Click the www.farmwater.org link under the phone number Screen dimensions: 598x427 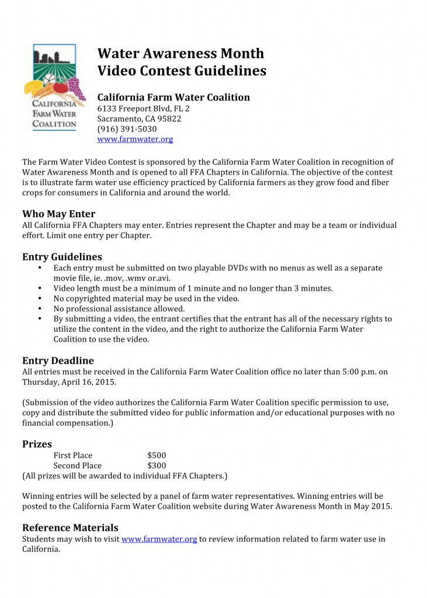(135, 140)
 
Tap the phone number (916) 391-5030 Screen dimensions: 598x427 (127, 129)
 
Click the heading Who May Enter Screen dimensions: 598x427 (58, 214)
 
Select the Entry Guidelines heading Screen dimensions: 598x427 (62, 256)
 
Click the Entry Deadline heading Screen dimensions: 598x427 (58, 360)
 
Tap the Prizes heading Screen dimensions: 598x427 (37, 444)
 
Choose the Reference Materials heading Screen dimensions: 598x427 (70, 527)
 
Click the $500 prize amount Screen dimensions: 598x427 (157, 456)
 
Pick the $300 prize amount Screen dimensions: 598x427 (157, 466)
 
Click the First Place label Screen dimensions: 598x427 (72, 456)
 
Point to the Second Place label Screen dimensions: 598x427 (77, 466)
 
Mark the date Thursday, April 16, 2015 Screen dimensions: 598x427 (69, 382)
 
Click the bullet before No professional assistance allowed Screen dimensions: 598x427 (39, 308)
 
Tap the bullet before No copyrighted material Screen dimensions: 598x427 (39, 298)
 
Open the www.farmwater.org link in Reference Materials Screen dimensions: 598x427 (159, 539)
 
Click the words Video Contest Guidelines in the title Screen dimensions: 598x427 (182, 71)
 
